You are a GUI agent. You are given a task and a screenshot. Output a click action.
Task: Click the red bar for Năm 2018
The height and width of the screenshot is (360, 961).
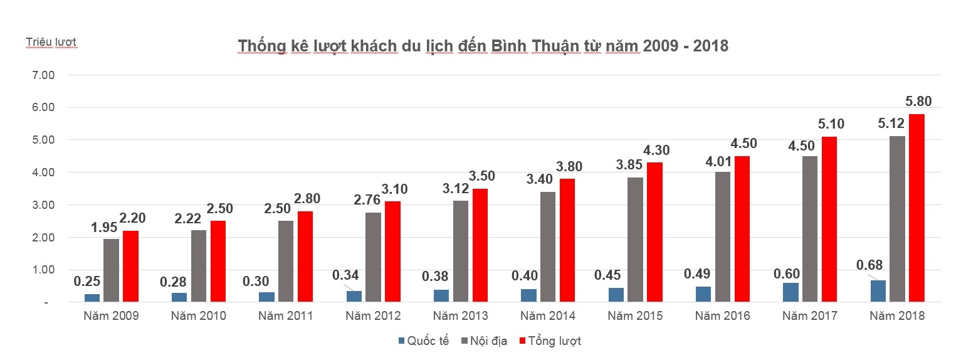[x=916, y=208]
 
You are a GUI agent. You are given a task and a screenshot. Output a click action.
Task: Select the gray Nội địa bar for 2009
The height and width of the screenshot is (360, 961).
[x=111, y=270]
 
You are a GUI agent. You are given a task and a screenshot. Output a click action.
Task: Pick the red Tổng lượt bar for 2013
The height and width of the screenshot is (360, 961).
[x=480, y=245]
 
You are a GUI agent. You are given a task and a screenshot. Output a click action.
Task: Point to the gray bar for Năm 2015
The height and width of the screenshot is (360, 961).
[x=635, y=240]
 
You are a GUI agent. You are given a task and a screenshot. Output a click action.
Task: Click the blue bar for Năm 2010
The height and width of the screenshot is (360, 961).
[x=179, y=297]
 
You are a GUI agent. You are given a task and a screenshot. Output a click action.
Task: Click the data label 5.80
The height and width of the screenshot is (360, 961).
[x=918, y=101]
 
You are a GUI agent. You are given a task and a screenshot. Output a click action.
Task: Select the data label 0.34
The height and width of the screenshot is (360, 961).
[x=346, y=275]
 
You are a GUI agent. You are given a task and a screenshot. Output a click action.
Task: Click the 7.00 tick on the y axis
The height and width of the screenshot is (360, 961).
[x=43, y=75]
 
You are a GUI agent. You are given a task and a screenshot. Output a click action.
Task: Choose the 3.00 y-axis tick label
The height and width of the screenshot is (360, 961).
[x=43, y=205]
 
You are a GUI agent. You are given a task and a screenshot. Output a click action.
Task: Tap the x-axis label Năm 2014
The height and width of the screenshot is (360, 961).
[x=548, y=315]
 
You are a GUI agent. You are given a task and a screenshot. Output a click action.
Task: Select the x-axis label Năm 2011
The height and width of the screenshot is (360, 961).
[x=286, y=315]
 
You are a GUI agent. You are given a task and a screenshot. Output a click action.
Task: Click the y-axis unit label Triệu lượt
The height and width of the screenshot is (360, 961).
[x=51, y=42]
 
